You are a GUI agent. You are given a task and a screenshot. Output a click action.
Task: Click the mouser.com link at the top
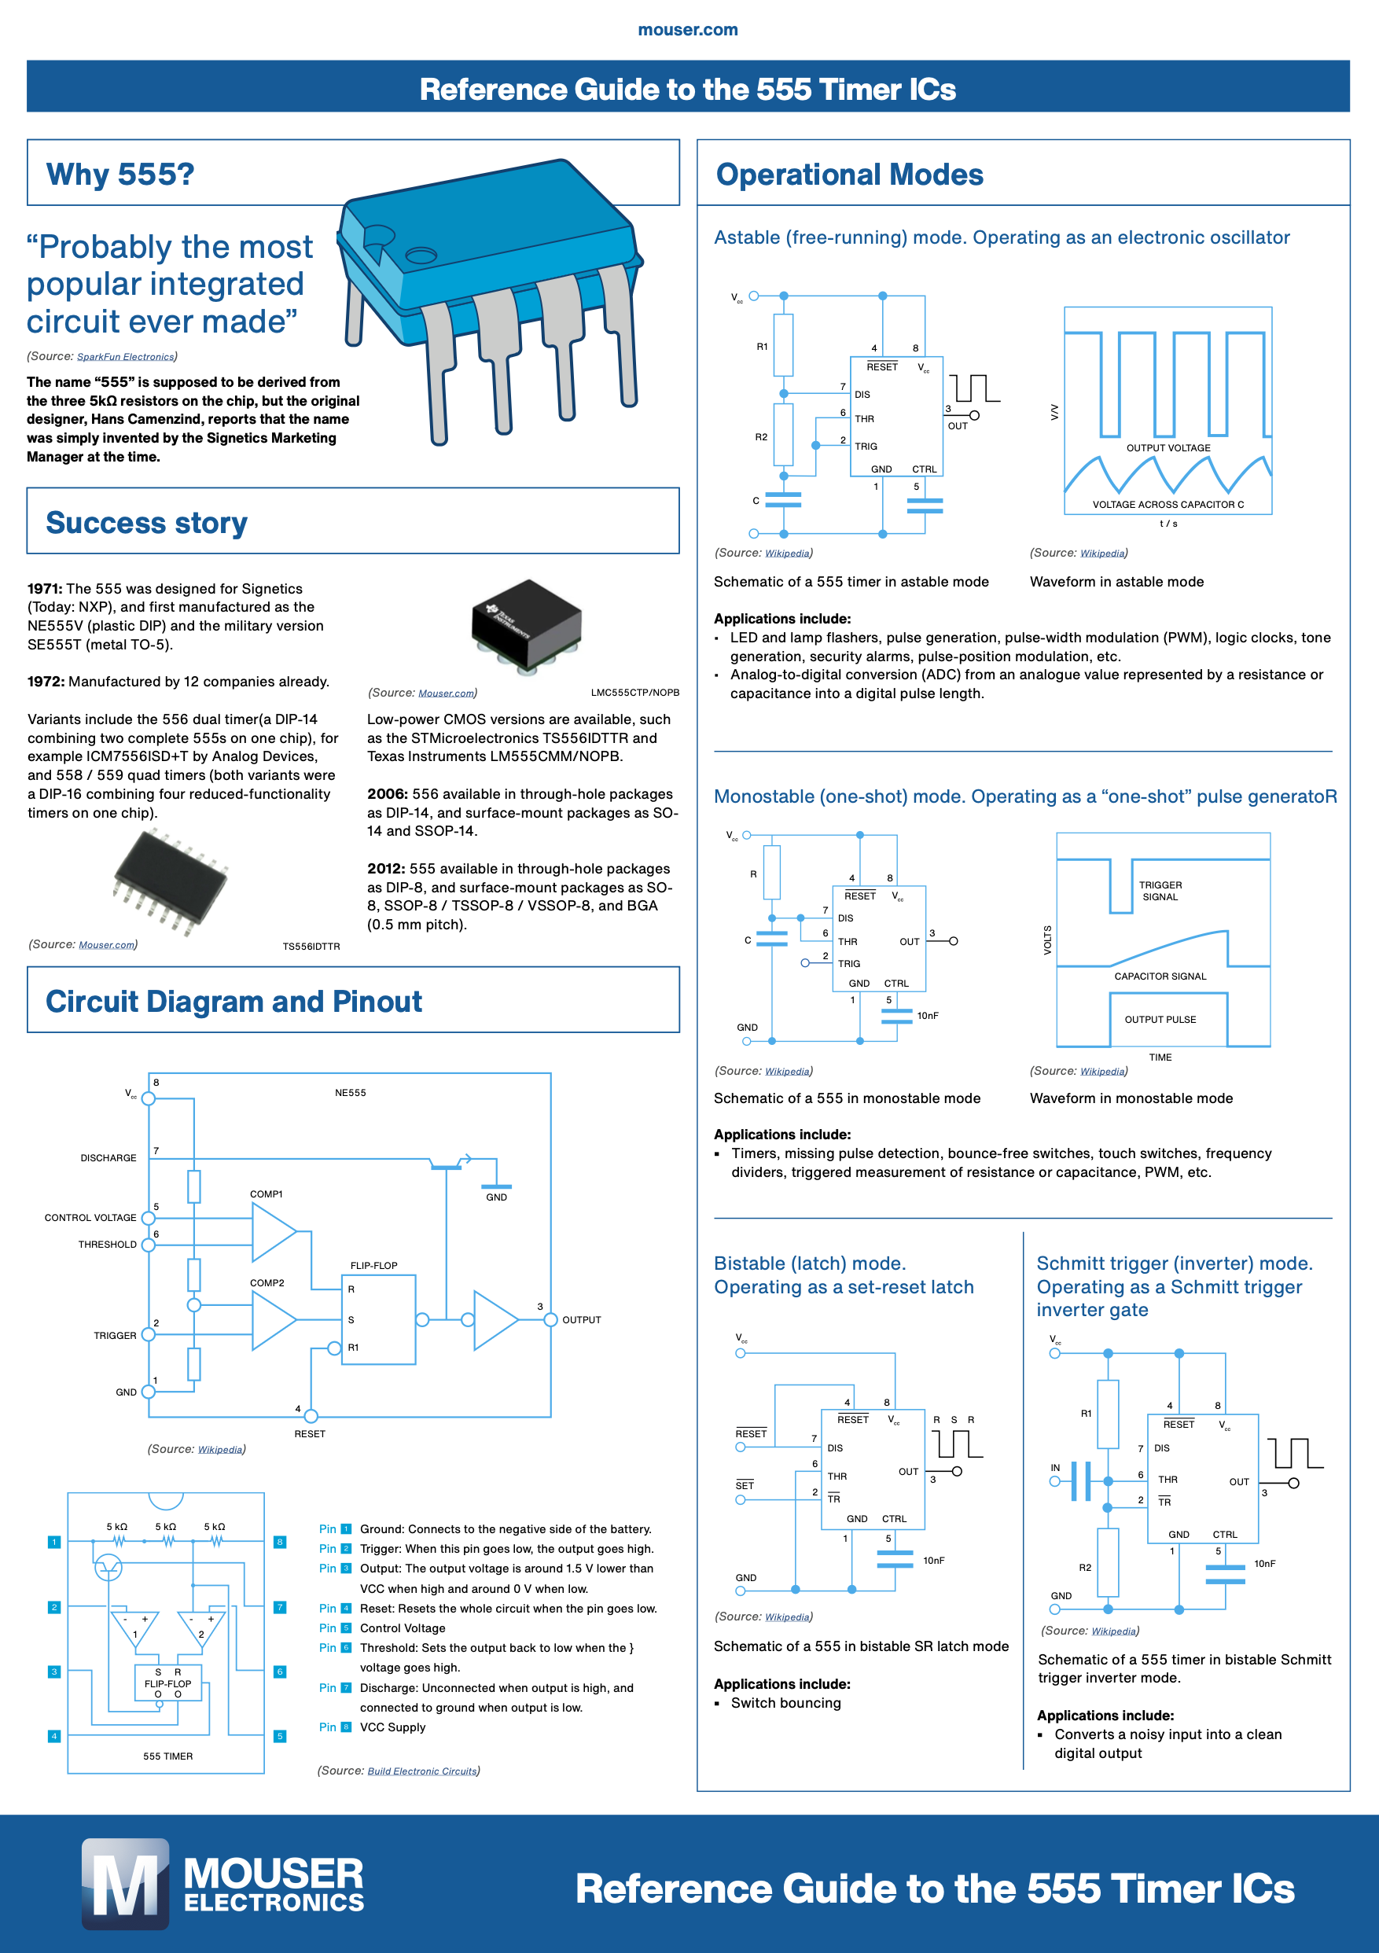click(687, 30)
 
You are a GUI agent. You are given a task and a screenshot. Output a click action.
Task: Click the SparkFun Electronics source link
click(125, 357)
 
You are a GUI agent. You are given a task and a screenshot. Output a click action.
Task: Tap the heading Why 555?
click(120, 175)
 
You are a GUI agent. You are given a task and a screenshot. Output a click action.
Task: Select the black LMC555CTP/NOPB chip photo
click(528, 625)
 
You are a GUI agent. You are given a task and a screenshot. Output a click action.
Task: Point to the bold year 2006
click(387, 793)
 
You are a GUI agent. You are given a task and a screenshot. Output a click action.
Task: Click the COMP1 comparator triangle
click(271, 1233)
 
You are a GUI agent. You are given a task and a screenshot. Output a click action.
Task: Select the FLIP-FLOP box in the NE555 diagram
click(377, 1319)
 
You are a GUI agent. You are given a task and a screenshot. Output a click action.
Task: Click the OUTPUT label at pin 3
click(581, 1320)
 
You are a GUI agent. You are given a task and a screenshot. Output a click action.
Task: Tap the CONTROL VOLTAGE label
click(90, 1218)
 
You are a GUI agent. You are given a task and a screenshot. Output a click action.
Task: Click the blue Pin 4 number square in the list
click(346, 1609)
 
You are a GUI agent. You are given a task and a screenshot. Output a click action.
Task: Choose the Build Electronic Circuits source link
click(422, 1771)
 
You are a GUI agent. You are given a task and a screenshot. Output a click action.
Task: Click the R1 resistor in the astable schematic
click(784, 345)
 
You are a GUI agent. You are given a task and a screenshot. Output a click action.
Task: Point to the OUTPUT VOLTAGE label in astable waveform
click(1168, 448)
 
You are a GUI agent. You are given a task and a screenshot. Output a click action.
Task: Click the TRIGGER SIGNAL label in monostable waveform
click(1160, 891)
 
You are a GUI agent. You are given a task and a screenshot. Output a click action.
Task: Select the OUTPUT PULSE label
click(1160, 1020)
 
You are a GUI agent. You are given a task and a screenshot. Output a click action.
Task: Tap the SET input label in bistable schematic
click(745, 1485)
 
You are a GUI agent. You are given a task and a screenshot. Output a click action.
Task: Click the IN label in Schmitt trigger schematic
click(1055, 1468)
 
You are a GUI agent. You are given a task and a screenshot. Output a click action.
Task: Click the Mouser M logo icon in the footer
click(125, 1883)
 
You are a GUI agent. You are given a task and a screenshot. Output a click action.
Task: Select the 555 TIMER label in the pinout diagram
click(167, 1756)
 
